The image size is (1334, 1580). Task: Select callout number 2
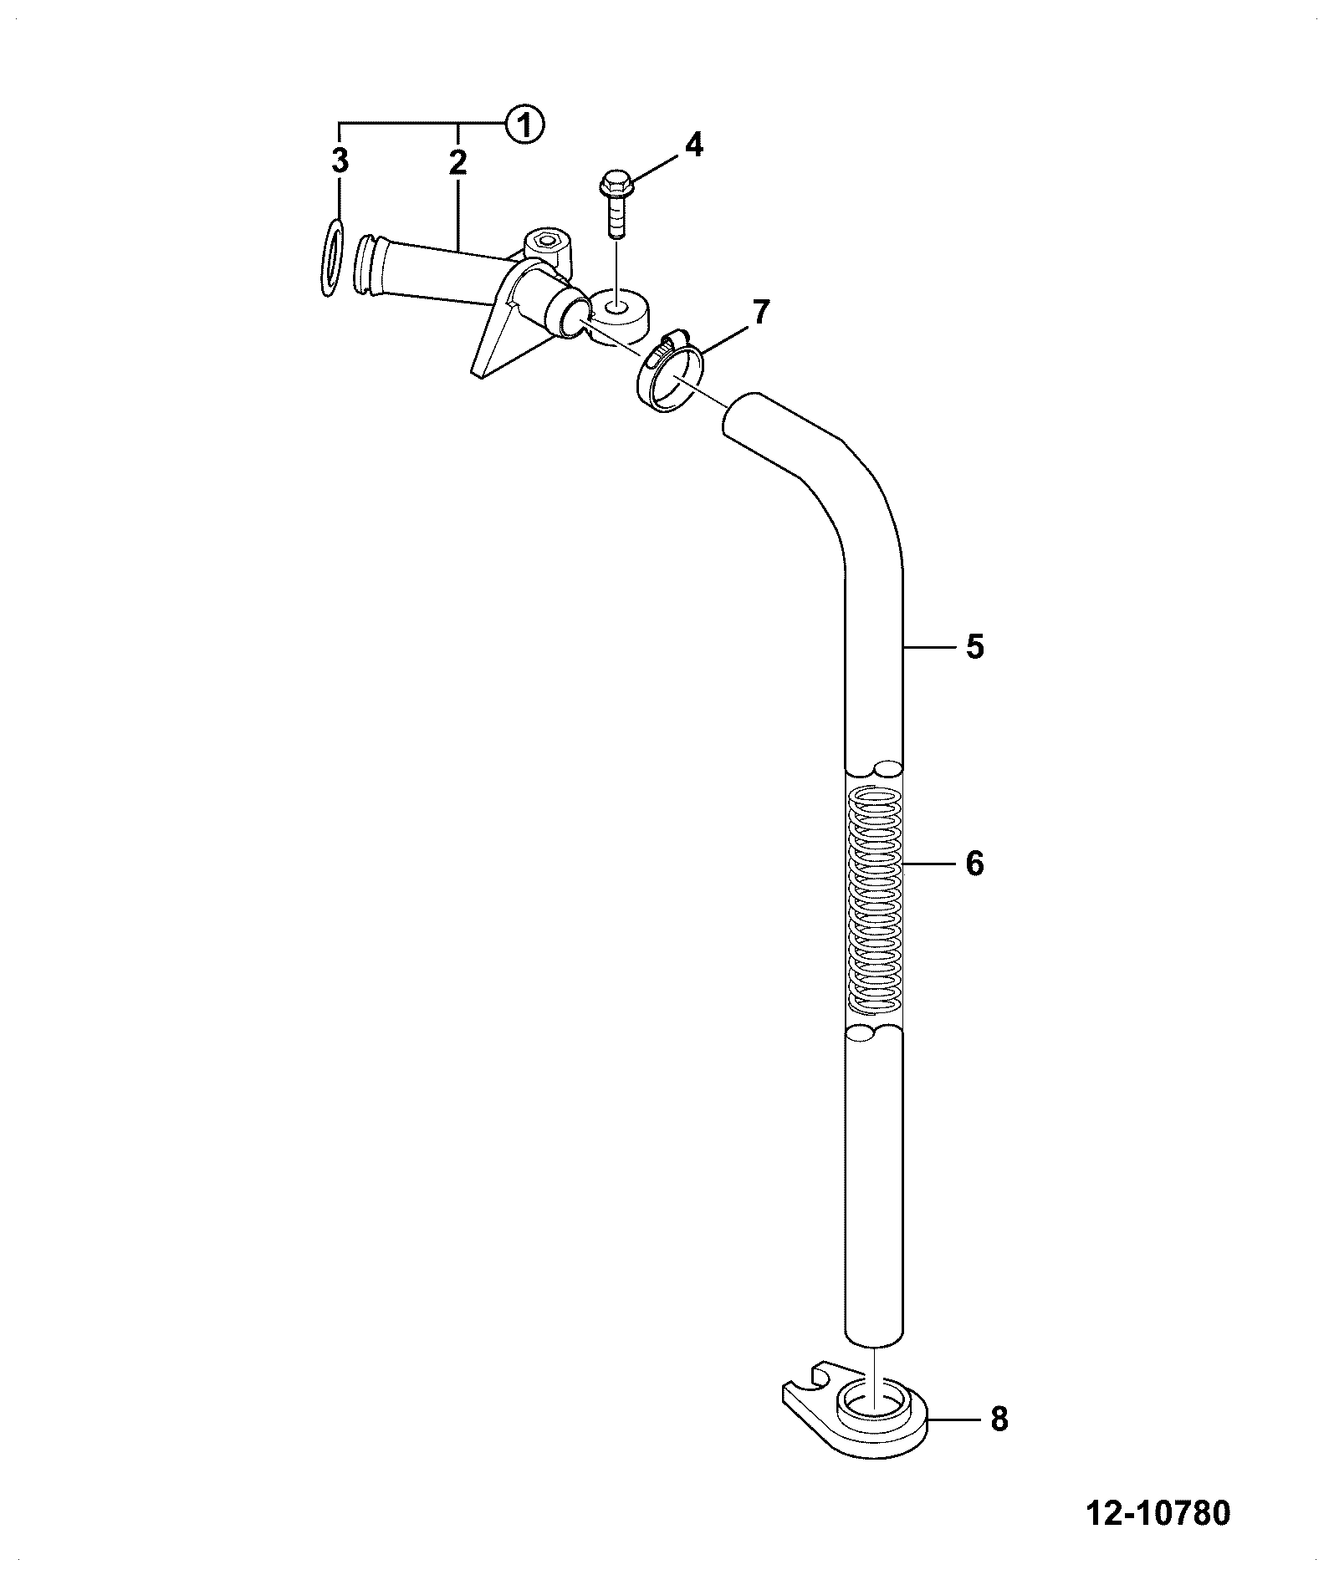pos(457,161)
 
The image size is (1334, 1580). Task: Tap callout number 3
pos(339,161)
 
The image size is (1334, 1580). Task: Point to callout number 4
pos(693,145)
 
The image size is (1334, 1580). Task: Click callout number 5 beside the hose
pos(974,647)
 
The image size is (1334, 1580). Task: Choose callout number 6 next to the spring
pos(974,864)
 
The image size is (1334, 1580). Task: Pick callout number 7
pos(759,313)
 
